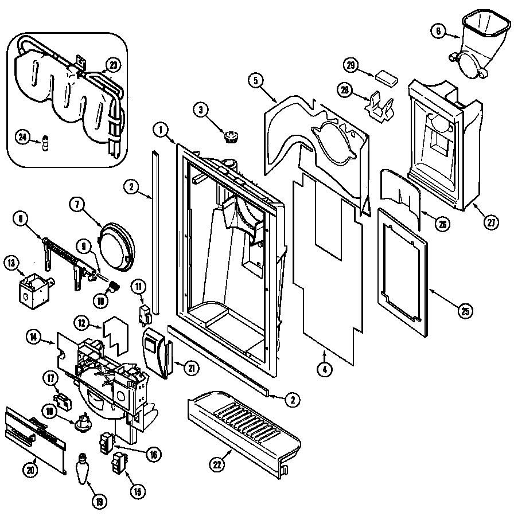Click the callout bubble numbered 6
439,33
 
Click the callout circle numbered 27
491,223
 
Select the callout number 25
465,311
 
